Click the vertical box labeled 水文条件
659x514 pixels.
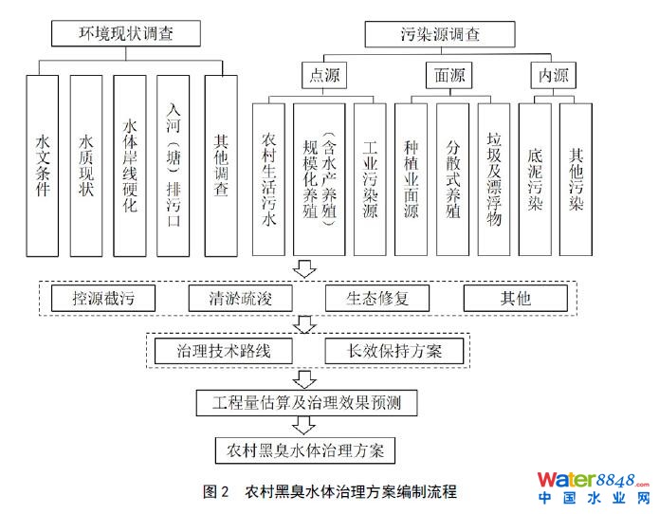click(x=43, y=166)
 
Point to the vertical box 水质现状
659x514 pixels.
click(x=86, y=166)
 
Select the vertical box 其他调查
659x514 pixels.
click(x=221, y=166)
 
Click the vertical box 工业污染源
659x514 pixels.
click(x=370, y=178)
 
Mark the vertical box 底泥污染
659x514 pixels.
click(x=536, y=178)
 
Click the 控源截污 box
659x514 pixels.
click(x=101, y=299)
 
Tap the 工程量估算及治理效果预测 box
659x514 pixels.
click(x=306, y=402)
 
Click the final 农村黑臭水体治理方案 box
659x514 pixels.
click(x=305, y=447)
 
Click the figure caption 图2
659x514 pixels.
click(x=217, y=492)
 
